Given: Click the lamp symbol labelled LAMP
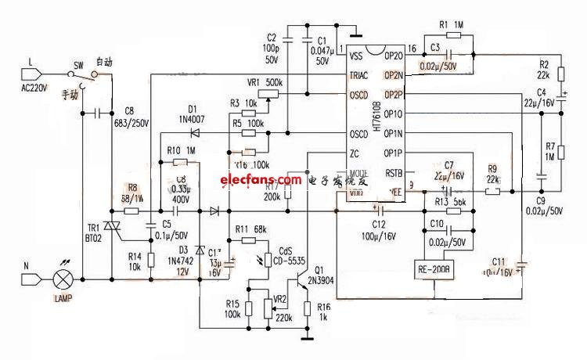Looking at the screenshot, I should tap(62, 279).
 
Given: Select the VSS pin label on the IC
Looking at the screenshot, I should tap(356, 56).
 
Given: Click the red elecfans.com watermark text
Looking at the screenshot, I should tap(250, 181).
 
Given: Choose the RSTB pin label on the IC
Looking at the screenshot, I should tap(394, 174).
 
